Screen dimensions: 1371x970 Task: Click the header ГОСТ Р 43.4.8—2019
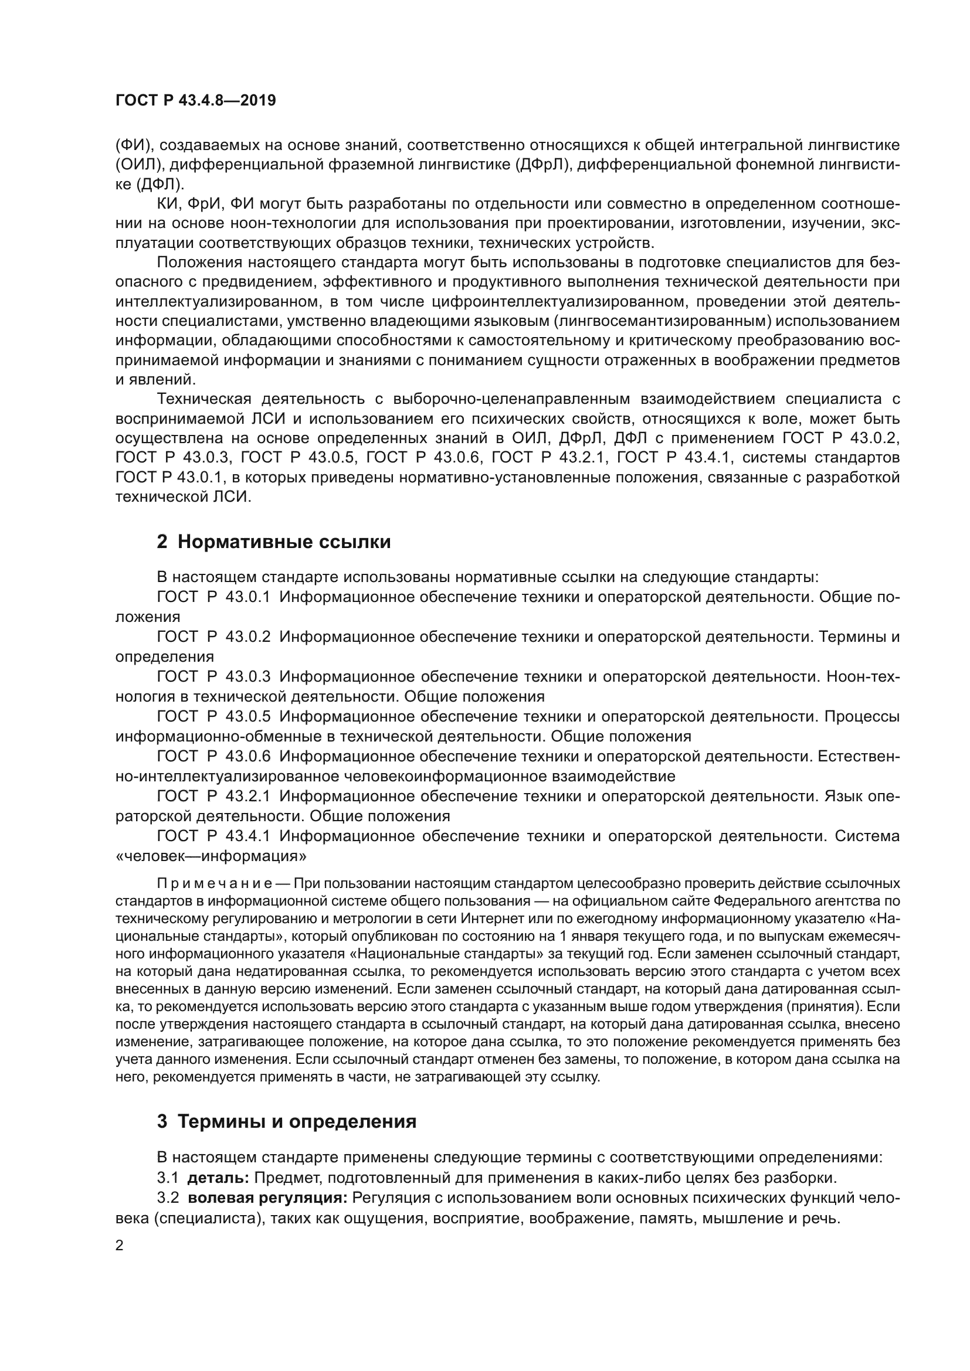tap(195, 100)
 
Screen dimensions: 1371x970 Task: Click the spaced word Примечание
tap(215, 883)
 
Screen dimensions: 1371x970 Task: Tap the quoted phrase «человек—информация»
tap(211, 856)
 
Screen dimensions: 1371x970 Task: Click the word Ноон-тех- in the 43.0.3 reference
tap(863, 676)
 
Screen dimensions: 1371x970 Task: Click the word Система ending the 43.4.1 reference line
tap(867, 836)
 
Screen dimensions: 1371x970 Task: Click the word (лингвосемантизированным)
tap(662, 321)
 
